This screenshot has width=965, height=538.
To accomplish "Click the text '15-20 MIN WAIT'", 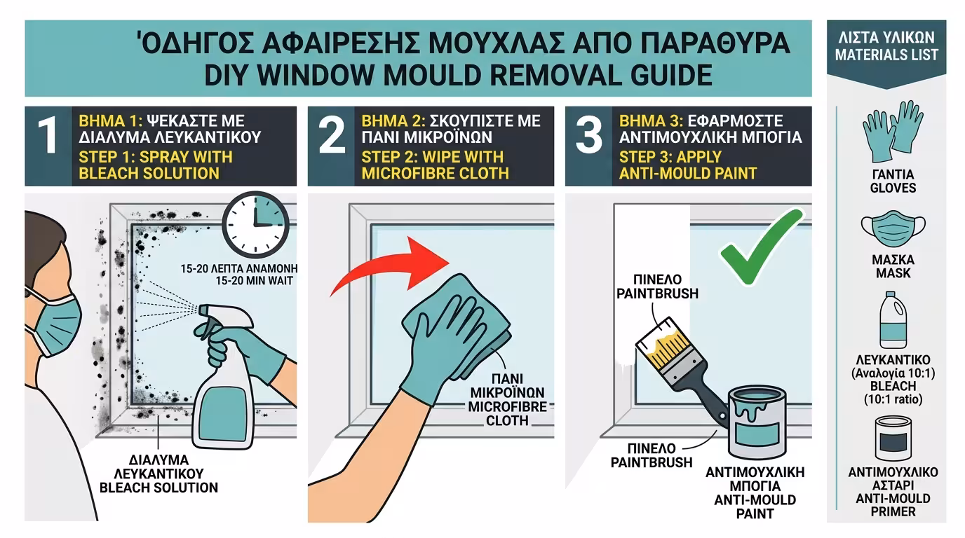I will pyautogui.click(x=239, y=282).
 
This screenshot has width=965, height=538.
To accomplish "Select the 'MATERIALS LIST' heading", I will pyautogui.click(x=886, y=54).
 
